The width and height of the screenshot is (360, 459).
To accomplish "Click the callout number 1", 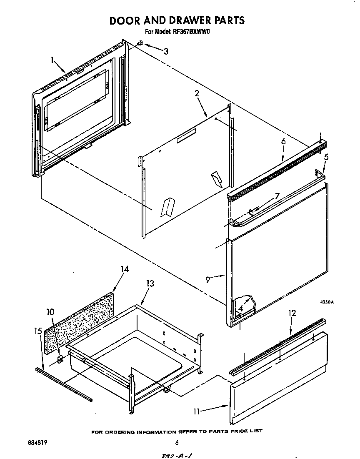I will (53, 60).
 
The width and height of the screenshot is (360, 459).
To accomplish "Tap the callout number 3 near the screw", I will (166, 51).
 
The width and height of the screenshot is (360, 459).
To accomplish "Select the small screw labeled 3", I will (141, 43).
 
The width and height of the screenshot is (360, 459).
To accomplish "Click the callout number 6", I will (283, 142).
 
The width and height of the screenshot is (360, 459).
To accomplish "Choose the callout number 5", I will (326, 157).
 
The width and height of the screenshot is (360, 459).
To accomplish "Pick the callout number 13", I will (150, 283).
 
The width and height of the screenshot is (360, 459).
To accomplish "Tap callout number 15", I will (38, 331).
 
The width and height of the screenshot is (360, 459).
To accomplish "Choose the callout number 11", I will (197, 411).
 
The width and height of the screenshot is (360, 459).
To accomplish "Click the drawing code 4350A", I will (327, 302).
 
